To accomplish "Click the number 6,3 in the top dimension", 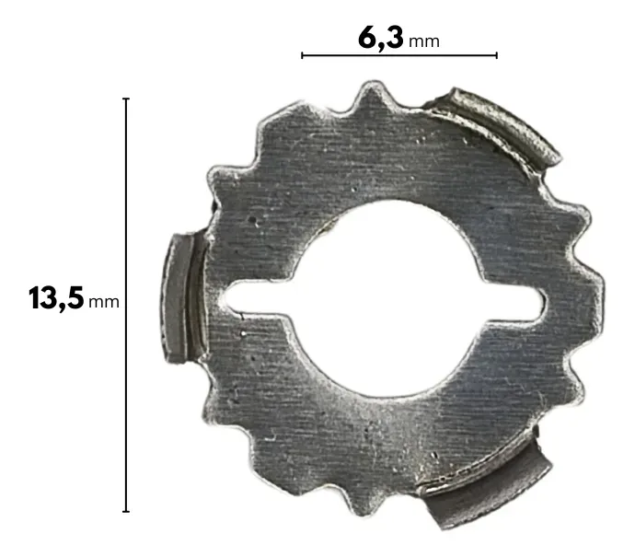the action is click(381, 39).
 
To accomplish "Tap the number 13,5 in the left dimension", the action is click(56, 298).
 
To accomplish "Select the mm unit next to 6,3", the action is click(424, 41).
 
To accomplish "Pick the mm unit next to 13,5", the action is click(104, 302).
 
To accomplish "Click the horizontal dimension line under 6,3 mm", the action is click(399, 55).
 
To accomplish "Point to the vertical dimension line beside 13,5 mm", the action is click(126, 305).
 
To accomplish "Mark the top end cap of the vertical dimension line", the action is click(126, 99).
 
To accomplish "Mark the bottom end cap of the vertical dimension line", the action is click(126, 511).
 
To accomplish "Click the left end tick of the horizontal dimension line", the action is click(302, 55).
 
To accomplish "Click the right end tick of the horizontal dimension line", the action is click(497, 55).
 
